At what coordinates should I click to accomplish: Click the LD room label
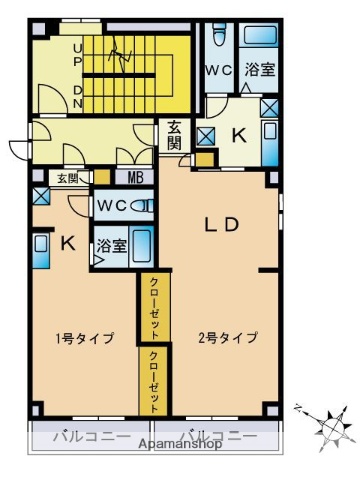coord(221,225)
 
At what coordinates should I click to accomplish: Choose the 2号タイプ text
coord(229,337)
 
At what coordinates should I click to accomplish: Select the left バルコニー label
coord(83,437)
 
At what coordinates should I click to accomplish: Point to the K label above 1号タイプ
coord(67,241)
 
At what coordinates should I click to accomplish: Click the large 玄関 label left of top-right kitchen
coord(174,134)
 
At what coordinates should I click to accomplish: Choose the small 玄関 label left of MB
coord(66,178)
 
